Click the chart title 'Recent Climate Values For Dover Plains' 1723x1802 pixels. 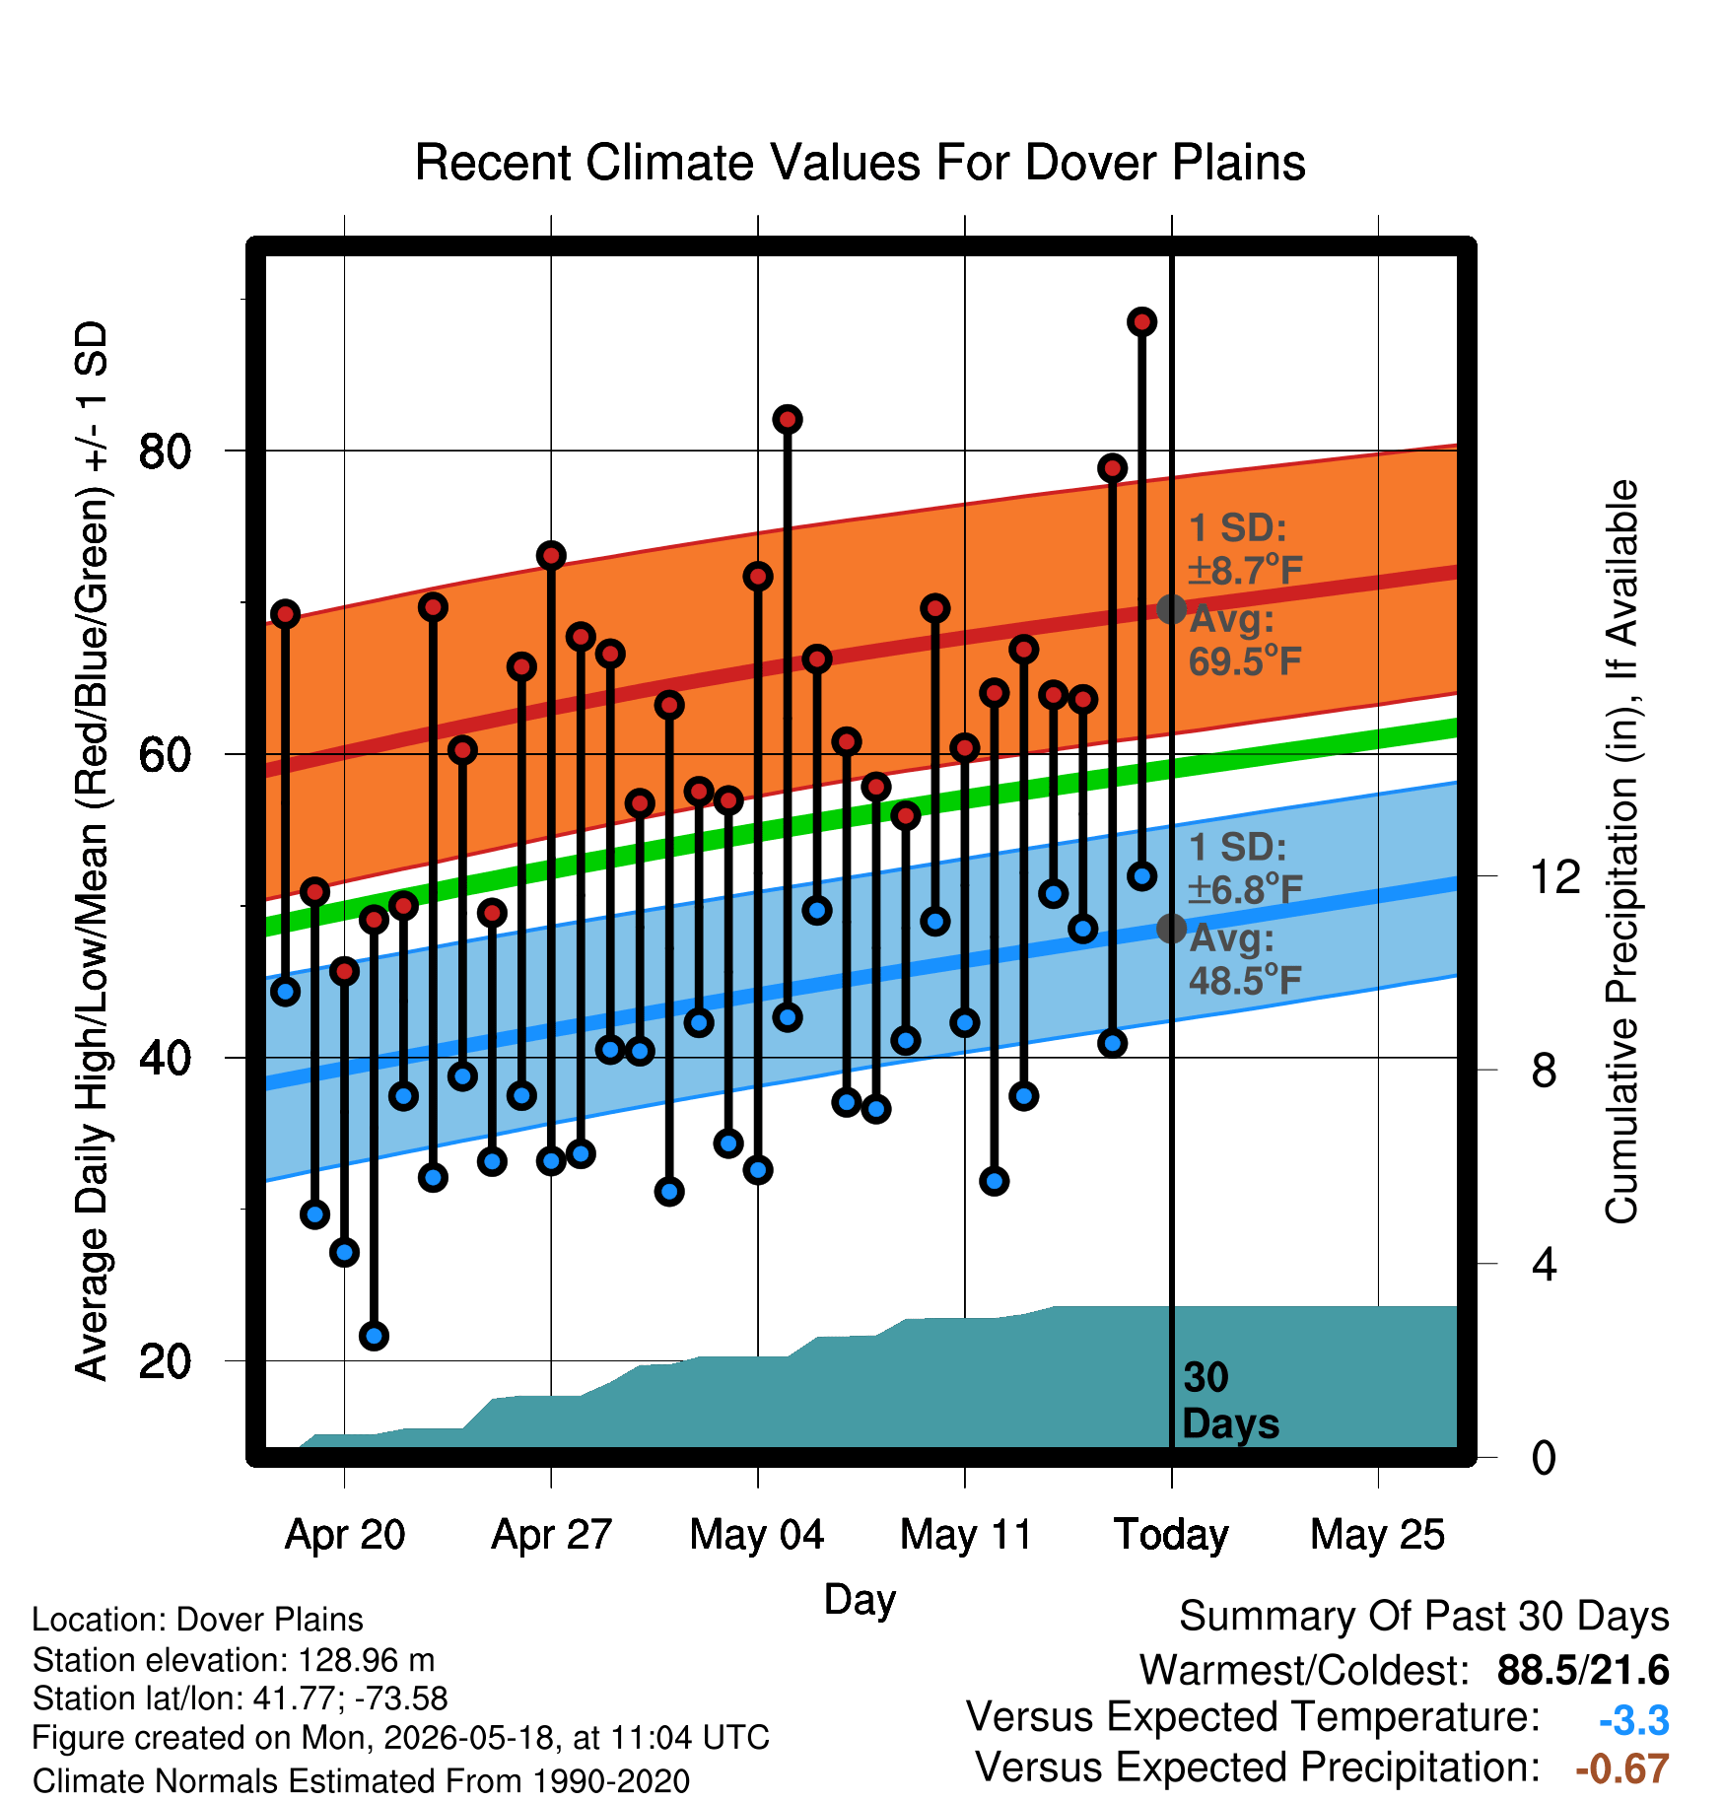860,163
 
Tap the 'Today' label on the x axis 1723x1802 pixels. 1171,1535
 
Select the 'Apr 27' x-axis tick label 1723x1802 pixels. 551,1535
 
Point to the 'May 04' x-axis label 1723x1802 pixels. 757,1535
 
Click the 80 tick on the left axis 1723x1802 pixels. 165,451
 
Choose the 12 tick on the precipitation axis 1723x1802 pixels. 1554,876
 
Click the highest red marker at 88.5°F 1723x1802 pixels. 1141,321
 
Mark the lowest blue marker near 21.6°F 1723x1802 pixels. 374,1336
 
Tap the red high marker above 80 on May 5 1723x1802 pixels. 787,419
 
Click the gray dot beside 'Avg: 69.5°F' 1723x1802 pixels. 1171,609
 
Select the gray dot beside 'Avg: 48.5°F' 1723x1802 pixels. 1171,928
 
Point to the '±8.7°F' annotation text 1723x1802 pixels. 1245,570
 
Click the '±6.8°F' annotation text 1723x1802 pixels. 1245,889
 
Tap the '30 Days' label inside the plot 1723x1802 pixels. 1230,1401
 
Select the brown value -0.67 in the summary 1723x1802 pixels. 1622,1768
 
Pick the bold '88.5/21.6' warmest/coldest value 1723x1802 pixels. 1583,1670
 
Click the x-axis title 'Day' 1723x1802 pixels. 860,1600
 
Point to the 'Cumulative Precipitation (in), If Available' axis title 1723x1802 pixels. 1621,852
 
